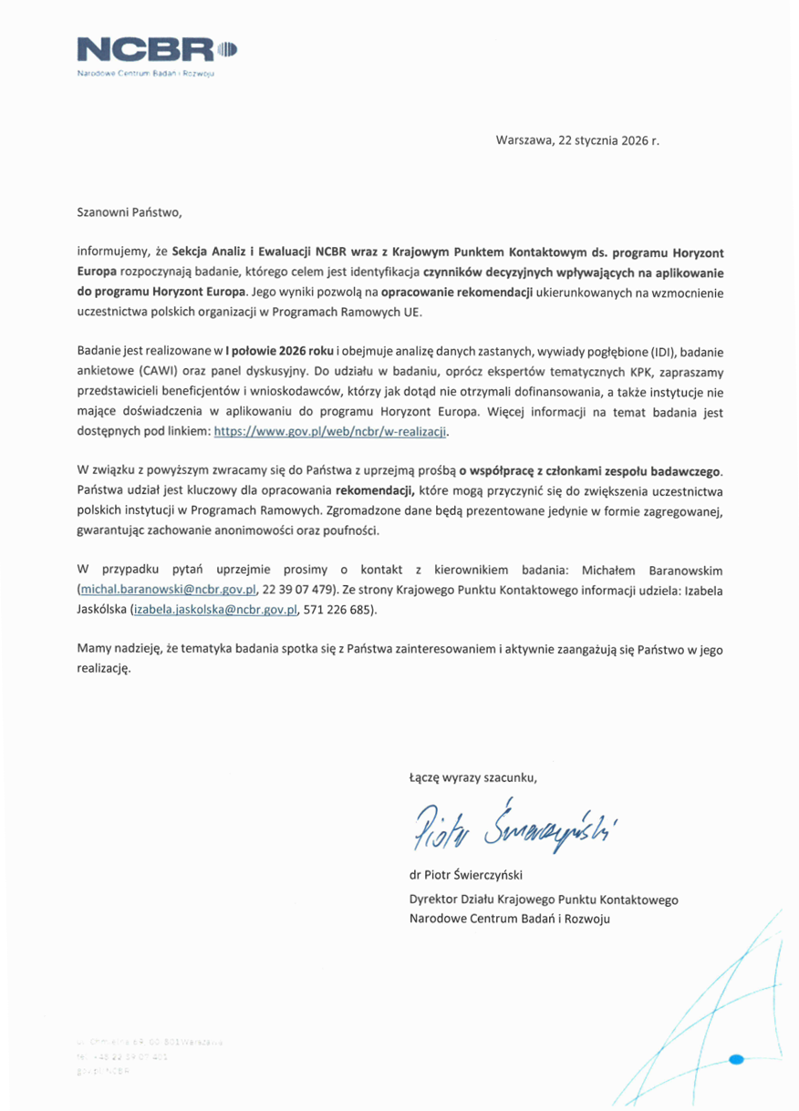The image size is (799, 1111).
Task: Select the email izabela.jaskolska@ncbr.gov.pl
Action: click(216, 610)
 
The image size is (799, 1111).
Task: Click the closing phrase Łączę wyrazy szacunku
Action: click(472, 777)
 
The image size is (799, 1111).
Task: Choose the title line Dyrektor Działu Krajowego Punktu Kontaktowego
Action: click(544, 899)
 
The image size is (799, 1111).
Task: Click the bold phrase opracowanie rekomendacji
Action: click(443, 292)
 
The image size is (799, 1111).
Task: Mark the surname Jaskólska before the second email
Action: click(102, 610)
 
